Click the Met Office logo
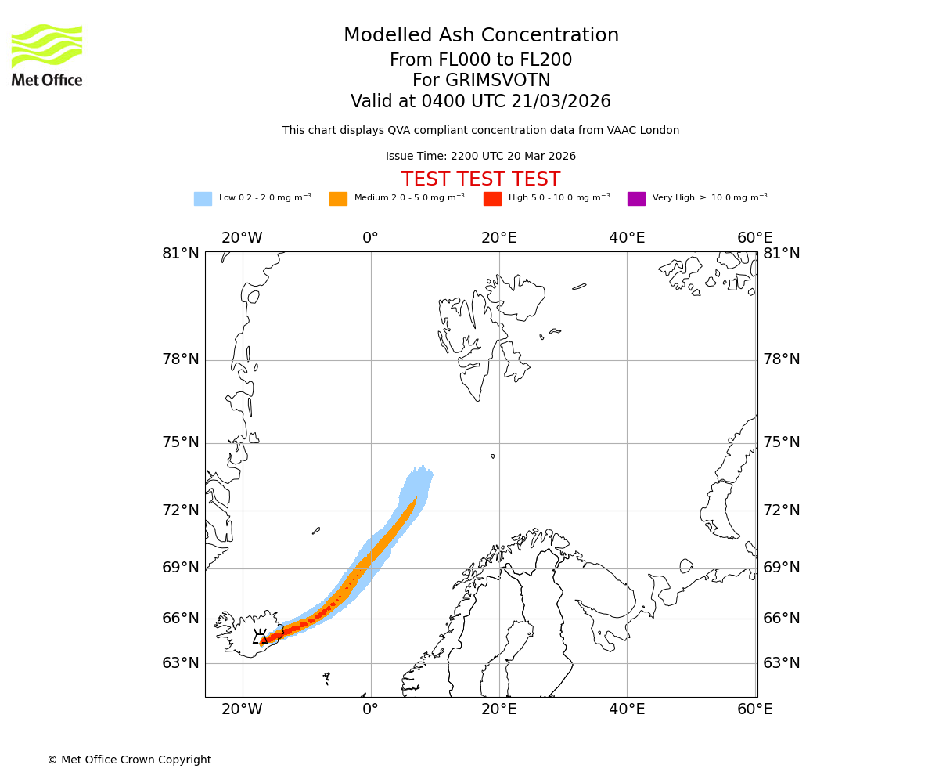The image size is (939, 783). click(x=47, y=55)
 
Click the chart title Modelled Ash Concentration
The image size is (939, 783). click(x=481, y=35)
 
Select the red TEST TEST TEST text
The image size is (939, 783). click(x=480, y=179)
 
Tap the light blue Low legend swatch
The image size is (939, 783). click(x=203, y=198)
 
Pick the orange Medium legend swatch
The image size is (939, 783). click(x=338, y=198)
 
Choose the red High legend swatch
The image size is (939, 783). click(x=492, y=198)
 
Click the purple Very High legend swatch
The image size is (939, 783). click(x=636, y=198)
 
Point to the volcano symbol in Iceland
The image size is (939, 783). click(x=261, y=637)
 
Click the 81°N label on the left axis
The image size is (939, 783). click(x=181, y=253)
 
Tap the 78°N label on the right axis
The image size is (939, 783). click(x=782, y=359)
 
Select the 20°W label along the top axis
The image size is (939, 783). click(x=242, y=238)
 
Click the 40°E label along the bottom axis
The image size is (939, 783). click(x=627, y=709)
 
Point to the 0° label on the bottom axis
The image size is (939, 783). click(x=371, y=709)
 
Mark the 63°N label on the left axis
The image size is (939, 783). click(x=181, y=663)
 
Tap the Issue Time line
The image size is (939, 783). click(x=480, y=156)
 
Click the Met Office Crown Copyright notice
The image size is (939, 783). click(x=129, y=760)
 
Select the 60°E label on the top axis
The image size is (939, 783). click(x=754, y=238)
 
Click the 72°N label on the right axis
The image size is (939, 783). click(x=782, y=511)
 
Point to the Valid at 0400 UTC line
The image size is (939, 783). click(x=480, y=102)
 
